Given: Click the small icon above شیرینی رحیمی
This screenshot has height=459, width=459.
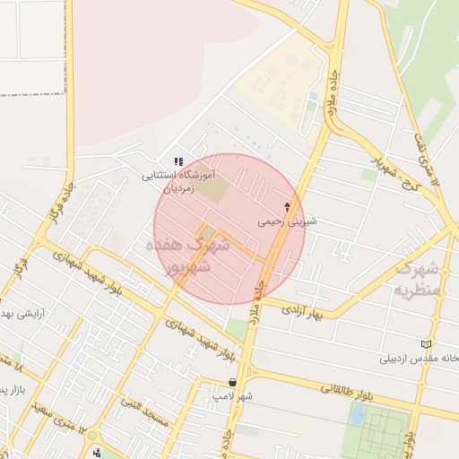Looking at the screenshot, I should [287, 206].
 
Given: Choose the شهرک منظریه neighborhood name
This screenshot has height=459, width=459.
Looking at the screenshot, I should [416, 279].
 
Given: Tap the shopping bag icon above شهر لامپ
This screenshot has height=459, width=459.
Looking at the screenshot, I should [233, 382].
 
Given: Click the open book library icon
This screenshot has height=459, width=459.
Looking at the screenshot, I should [426, 344].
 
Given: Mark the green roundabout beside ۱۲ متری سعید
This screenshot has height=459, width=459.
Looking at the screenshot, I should [92, 436].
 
